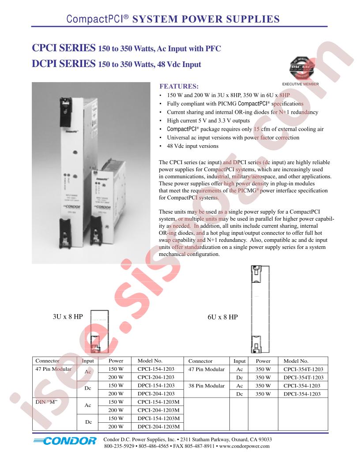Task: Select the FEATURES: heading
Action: [179, 86]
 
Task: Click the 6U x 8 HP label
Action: [223, 317]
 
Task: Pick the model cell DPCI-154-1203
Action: [156, 385]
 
